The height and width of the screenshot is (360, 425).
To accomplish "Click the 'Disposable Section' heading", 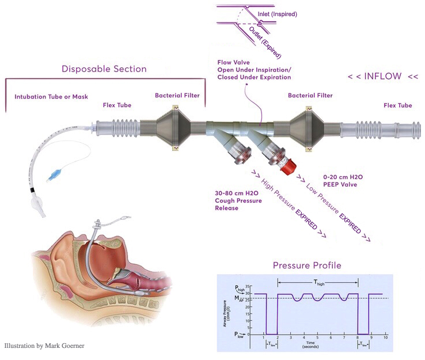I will click(x=104, y=69).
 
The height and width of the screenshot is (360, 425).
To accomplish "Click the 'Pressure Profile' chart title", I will click(x=308, y=266).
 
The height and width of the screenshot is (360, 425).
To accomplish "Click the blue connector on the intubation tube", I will click(x=56, y=172).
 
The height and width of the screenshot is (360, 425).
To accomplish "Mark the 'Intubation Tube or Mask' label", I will click(x=51, y=96).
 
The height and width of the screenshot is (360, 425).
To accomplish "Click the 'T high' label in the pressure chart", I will click(x=318, y=282).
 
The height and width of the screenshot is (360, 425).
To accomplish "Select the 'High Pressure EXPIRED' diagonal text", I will click(x=287, y=203).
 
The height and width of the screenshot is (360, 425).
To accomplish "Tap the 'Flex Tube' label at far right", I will click(x=397, y=105).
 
